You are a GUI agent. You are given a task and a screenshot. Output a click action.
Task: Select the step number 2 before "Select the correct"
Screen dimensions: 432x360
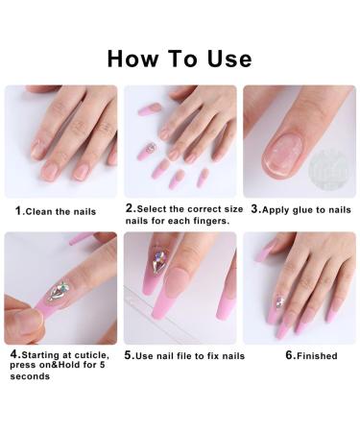click(130, 208)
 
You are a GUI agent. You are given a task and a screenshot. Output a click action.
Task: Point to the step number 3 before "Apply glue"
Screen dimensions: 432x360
click(254, 208)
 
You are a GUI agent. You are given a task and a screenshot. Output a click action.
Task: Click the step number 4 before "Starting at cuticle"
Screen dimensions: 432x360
click(13, 354)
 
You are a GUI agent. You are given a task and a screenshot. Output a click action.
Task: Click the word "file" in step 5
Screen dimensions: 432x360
click(200, 356)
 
